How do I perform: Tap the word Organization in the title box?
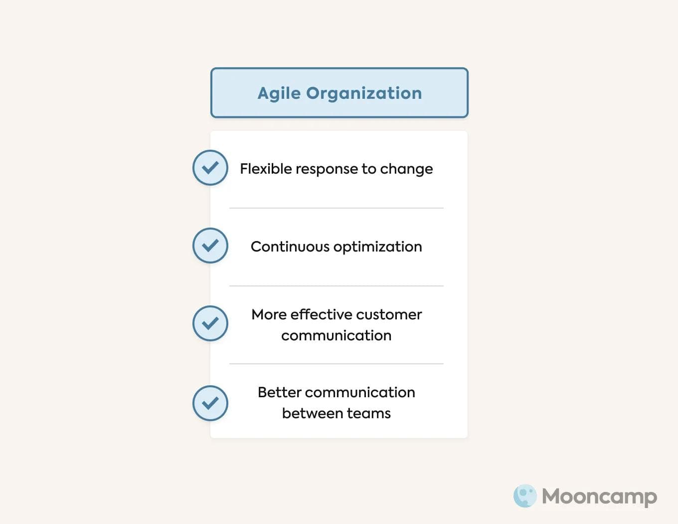coord(364,93)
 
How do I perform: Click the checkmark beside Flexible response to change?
coord(210,168)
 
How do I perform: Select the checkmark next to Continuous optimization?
coord(210,246)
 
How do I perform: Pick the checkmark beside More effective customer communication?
coord(210,323)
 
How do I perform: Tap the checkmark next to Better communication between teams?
coord(210,403)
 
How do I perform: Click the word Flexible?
coord(266,169)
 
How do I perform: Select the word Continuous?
coord(290,247)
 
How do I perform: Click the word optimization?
coord(378,247)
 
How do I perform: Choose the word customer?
coord(389,315)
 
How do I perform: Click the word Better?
coord(279,392)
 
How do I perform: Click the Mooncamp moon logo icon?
coord(525,496)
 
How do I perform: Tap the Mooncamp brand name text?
coord(599,497)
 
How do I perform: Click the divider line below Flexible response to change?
coord(337,208)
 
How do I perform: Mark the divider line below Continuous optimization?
coord(337,286)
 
